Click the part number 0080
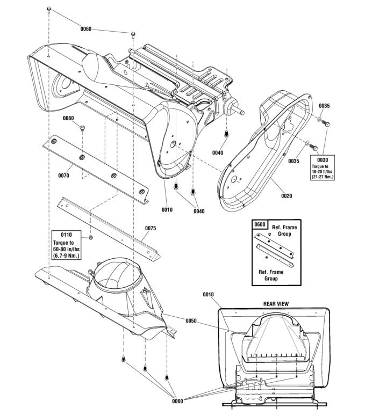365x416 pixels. pos(68,118)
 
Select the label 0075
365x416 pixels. pos(151,228)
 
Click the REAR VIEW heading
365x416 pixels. pos(276,303)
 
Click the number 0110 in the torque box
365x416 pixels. pos(66,235)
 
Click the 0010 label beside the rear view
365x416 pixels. pos(209,294)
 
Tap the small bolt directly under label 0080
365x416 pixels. pos(82,128)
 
